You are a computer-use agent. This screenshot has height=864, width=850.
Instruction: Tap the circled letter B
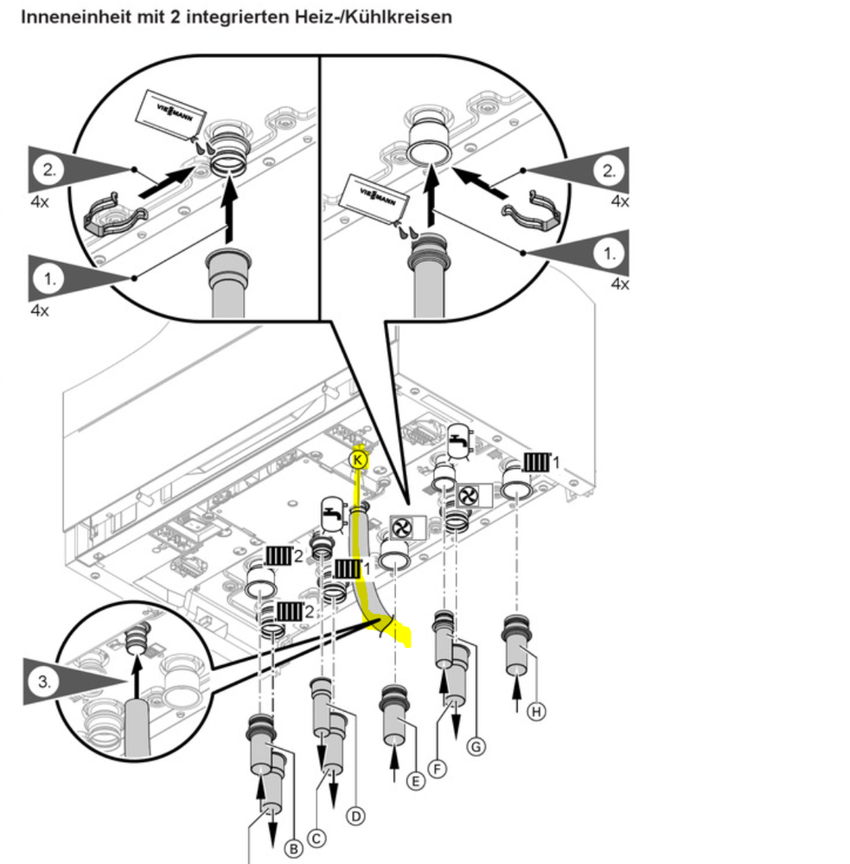tap(294, 849)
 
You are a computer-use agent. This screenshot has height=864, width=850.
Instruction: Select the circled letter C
tap(317, 837)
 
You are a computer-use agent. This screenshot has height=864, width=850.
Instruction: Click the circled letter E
tap(416, 781)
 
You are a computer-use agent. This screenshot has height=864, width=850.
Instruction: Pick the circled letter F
tap(439, 766)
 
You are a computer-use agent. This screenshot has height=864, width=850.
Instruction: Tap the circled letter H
tap(537, 711)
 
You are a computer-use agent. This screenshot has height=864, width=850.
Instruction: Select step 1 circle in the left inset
tap(50, 278)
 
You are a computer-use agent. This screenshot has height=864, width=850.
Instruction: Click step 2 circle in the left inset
tap(50, 170)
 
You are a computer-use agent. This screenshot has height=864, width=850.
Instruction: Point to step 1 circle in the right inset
tap(610, 253)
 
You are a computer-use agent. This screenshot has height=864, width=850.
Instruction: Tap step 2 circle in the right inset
tap(610, 170)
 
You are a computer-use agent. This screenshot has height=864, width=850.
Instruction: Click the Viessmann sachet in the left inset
tap(172, 114)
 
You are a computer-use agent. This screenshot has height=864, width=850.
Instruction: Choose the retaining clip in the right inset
tap(534, 210)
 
